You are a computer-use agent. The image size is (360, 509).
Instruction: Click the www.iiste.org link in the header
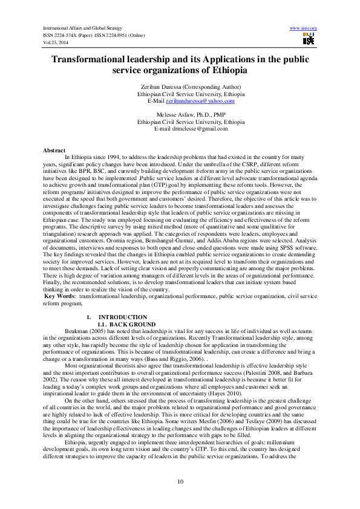pos(304,28)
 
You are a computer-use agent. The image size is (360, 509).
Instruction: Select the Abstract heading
pos(54,149)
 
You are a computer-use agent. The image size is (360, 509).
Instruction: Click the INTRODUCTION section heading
pos(122,317)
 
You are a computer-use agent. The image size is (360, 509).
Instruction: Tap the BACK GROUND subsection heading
pos(125,323)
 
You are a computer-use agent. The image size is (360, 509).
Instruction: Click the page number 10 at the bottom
pos(180,480)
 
